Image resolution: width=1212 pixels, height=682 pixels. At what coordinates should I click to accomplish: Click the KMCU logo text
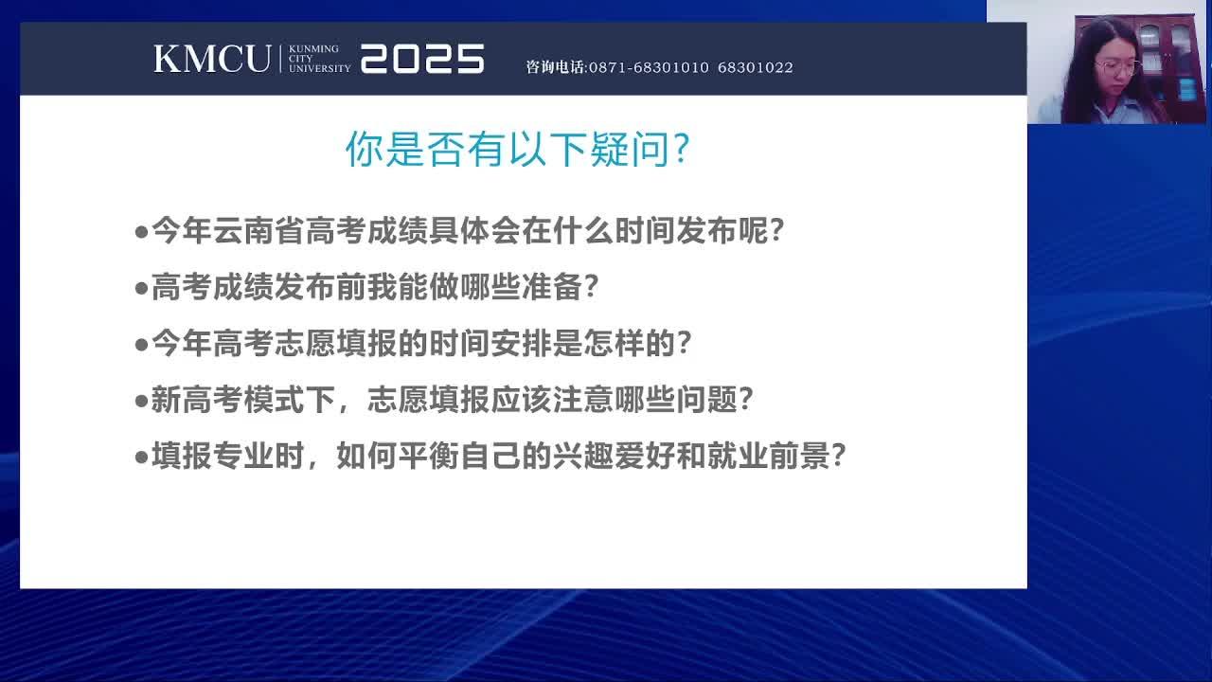[x=212, y=59]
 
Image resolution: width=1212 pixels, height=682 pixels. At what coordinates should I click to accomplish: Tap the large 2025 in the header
[x=422, y=59]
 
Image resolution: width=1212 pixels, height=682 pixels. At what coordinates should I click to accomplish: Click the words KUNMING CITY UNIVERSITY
[x=319, y=59]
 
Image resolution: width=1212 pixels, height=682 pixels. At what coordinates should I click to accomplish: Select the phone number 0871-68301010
[x=649, y=67]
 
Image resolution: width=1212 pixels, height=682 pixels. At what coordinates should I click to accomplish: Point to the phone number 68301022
[x=756, y=67]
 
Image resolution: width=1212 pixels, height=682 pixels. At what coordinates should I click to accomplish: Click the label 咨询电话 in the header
[x=555, y=67]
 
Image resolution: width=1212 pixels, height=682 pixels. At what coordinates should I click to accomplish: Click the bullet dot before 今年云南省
[x=142, y=233]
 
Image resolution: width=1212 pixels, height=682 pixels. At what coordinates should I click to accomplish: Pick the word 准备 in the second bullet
[x=552, y=287]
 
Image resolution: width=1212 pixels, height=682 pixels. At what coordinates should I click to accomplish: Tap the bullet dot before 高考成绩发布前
[x=142, y=289]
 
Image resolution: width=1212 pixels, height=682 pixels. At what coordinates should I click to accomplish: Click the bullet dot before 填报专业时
[x=142, y=458]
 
